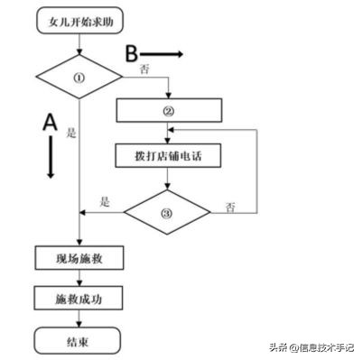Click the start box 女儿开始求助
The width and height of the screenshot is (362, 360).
pyautogui.click(x=80, y=19)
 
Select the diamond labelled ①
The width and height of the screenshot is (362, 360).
pyautogui.click(x=80, y=77)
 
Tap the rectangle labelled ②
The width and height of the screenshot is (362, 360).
pyautogui.click(x=168, y=111)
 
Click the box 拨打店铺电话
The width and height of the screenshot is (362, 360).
pyautogui.click(x=168, y=155)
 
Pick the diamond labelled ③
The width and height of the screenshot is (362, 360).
pyautogui.click(x=168, y=212)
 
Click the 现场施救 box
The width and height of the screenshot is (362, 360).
pyautogui.click(x=80, y=258)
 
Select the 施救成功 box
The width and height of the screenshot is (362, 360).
pyautogui.click(x=80, y=299)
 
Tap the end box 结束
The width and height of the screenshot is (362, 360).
pyautogui.click(x=80, y=340)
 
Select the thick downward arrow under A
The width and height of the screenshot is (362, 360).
pyautogui.click(x=51, y=160)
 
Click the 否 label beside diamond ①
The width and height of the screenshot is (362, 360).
pyautogui.click(x=144, y=69)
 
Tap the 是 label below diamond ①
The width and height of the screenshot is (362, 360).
pyautogui.click(x=71, y=132)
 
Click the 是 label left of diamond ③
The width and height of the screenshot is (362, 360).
pyautogui.click(x=104, y=203)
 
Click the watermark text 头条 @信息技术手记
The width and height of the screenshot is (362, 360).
pyautogui.click(x=311, y=346)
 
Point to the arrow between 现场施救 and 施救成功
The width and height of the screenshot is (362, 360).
pyautogui.click(x=80, y=279)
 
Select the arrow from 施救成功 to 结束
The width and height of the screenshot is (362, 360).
pyautogui.click(x=80, y=319)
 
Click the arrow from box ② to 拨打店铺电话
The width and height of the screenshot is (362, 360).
pyautogui.click(x=168, y=133)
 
